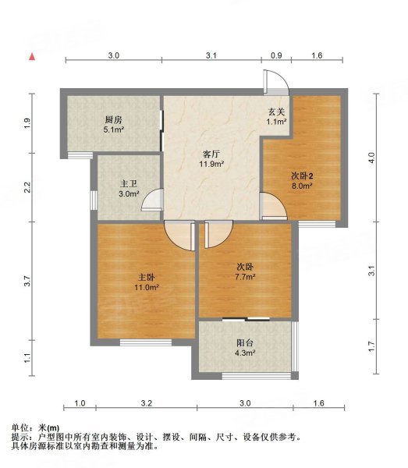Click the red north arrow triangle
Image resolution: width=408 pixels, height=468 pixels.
32,57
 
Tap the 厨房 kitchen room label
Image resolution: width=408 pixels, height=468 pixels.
113,120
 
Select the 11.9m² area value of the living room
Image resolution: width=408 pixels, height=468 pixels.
211,164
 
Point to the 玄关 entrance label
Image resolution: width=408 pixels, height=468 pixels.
276,112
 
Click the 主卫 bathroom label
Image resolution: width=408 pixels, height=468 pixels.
129,184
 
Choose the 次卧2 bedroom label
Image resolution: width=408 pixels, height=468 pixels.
302,175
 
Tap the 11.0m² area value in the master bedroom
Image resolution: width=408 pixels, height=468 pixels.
146,288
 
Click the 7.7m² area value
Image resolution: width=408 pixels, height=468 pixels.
245,277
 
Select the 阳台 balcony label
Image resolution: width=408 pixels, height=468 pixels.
245,343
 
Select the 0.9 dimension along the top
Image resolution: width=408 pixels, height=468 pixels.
276,55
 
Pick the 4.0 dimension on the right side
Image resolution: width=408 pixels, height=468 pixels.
371,158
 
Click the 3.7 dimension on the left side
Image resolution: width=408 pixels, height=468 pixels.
27,281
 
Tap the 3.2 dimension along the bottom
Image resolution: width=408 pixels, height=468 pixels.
146,403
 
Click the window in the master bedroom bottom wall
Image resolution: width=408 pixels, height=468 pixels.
146,342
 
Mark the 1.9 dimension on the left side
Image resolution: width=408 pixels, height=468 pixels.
27,123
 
